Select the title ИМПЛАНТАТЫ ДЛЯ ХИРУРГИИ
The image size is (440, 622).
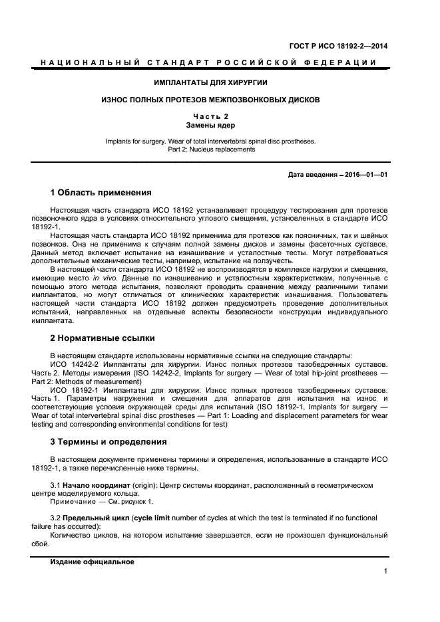[x=211, y=83]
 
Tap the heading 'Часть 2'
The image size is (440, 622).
[x=210, y=116]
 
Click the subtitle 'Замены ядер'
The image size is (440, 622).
[x=210, y=125]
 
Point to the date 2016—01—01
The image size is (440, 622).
[x=366, y=175]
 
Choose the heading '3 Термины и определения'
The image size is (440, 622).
[x=109, y=442]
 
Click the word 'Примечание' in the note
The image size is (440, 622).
[x=72, y=502]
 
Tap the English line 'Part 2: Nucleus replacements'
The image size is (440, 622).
[x=210, y=150]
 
